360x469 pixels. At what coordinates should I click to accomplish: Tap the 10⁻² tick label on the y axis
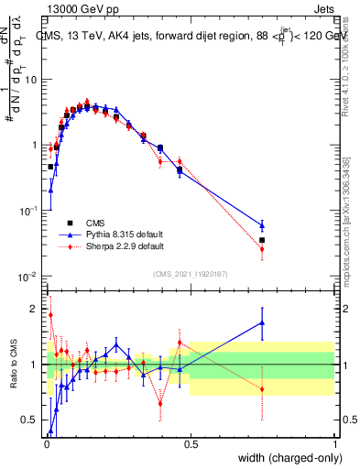point(29,277)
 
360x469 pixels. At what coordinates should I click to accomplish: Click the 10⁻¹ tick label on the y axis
point(29,211)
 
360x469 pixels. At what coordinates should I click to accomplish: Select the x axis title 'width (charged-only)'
point(290,458)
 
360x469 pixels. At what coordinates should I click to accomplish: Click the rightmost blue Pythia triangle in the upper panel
point(263,225)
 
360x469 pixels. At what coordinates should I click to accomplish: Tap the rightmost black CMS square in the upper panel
point(263,240)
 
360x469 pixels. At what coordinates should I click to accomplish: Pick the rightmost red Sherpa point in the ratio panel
point(263,389)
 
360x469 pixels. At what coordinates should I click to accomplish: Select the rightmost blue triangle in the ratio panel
point(263,322)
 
